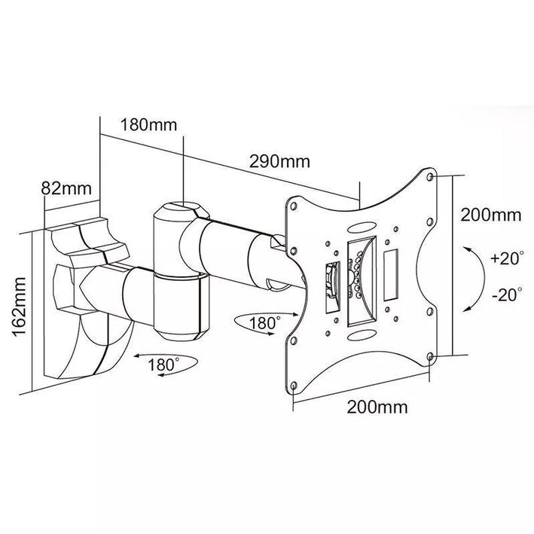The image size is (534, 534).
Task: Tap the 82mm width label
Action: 67,188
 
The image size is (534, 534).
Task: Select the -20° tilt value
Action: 503,294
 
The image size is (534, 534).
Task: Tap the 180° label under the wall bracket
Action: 167,364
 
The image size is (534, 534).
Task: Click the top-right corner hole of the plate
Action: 431,178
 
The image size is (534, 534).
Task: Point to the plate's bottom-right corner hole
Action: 429,355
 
